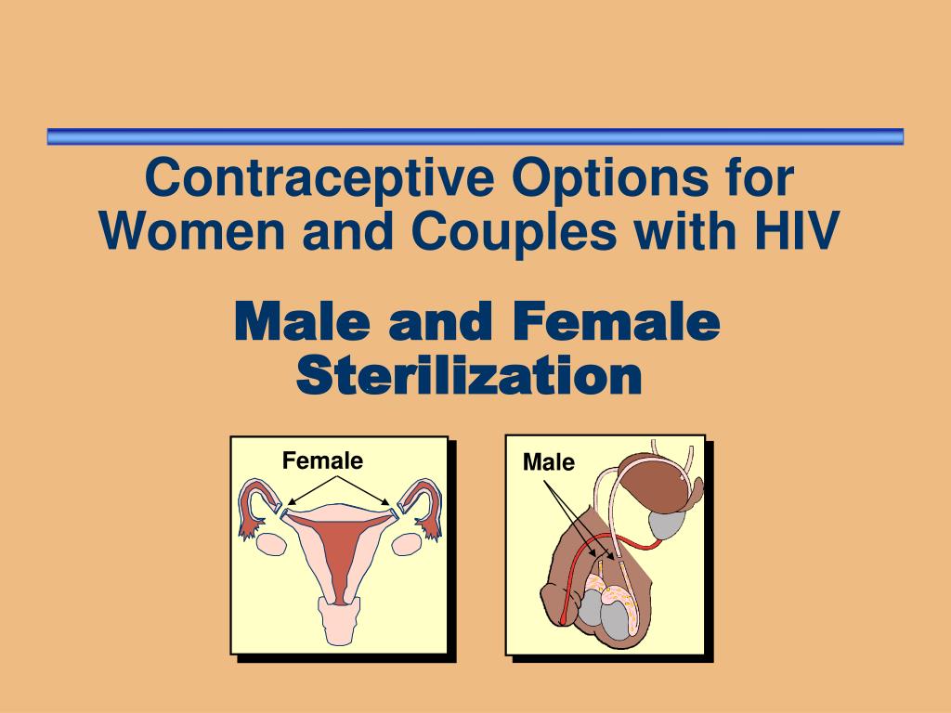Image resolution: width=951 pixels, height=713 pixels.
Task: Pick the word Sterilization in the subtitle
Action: coord(468,375)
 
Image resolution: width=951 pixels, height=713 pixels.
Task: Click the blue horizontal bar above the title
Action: coord(475,136)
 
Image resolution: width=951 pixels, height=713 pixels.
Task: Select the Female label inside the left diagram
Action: coord(322,460)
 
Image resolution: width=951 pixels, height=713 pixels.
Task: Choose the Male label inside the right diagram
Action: coord(549,461)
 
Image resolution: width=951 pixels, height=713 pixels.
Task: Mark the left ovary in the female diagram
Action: coord(268,544)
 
